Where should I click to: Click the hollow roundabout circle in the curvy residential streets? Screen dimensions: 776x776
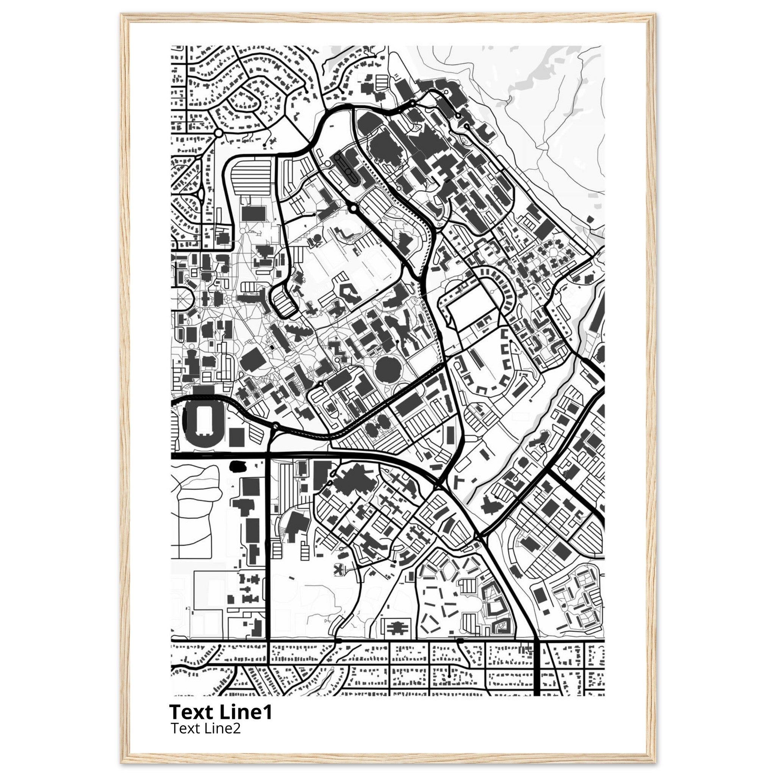click(x=219, y=133)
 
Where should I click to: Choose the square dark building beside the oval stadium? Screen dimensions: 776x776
click(x=236, y=436)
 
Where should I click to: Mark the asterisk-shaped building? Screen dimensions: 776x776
click(x=340, y=569)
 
